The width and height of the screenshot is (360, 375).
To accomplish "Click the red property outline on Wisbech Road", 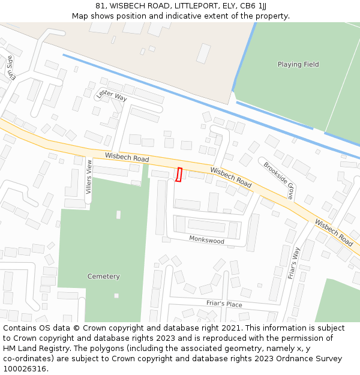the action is [x=179, y=175].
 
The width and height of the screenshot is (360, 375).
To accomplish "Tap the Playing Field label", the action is [x=298, y=64].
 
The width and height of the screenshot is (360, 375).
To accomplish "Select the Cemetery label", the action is [x=103, y=277].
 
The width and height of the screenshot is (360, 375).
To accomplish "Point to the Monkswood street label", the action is [x=206, y=241].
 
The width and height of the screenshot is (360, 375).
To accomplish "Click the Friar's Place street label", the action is [x=224, y=304].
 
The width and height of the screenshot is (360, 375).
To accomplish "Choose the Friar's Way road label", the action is [x=293, y=263].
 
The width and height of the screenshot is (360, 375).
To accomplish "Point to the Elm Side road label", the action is [x=10, y=68].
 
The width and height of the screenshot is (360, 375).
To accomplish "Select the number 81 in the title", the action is [x=100, y=5].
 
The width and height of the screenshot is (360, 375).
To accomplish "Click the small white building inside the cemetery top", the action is [x=118, y=214].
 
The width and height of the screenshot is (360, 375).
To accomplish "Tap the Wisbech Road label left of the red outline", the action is [x=127, y=158].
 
